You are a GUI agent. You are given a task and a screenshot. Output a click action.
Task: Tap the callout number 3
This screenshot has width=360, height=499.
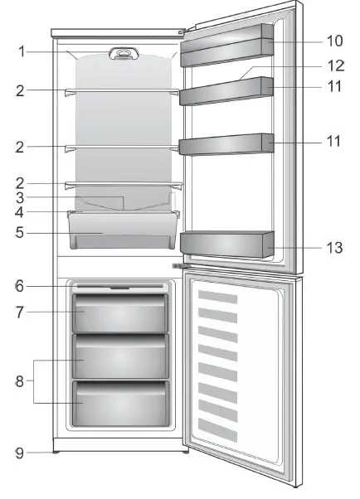[x=19, y=198]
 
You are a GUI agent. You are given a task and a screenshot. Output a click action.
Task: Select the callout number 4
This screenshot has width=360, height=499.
[x=19, y=213]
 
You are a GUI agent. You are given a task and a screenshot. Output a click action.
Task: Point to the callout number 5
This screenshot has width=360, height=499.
[x=19, y=233]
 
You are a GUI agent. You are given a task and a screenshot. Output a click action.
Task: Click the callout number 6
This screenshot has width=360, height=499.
[x=19, y=287]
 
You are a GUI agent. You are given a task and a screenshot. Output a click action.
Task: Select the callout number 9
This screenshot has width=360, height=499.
[x=19, y=453]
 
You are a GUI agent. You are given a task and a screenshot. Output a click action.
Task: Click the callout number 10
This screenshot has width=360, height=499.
[x=333, y=41]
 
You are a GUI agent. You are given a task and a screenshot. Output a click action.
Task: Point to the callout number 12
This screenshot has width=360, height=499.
[x=333, y=65]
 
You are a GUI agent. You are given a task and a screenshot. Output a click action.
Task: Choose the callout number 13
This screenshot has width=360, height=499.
[x=333, y=246]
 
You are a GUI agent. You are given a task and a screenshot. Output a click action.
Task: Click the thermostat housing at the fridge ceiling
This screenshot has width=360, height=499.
[x=124, y=56]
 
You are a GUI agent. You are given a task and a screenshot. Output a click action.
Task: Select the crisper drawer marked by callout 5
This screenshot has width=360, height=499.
[x=124, y=230]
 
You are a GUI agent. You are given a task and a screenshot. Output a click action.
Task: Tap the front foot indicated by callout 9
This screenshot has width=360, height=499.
[x=56, y=453]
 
